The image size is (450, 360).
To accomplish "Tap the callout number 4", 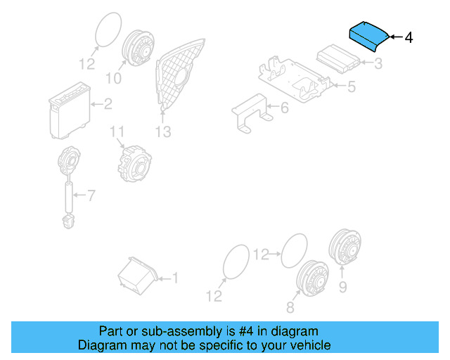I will pyautogui.click(x=409, y=37).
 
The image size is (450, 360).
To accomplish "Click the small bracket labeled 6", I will pyautogui.click(x=250, y=113).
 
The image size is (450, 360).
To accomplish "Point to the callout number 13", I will pyautogui.click(x=163, y=131).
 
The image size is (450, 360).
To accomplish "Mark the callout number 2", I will pyautogui.click(x=108, y=105).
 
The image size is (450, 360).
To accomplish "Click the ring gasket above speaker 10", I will pyautogui.click(x=108, y=32).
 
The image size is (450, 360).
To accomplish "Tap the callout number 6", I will pyautogui.click(x=284, y=108).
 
